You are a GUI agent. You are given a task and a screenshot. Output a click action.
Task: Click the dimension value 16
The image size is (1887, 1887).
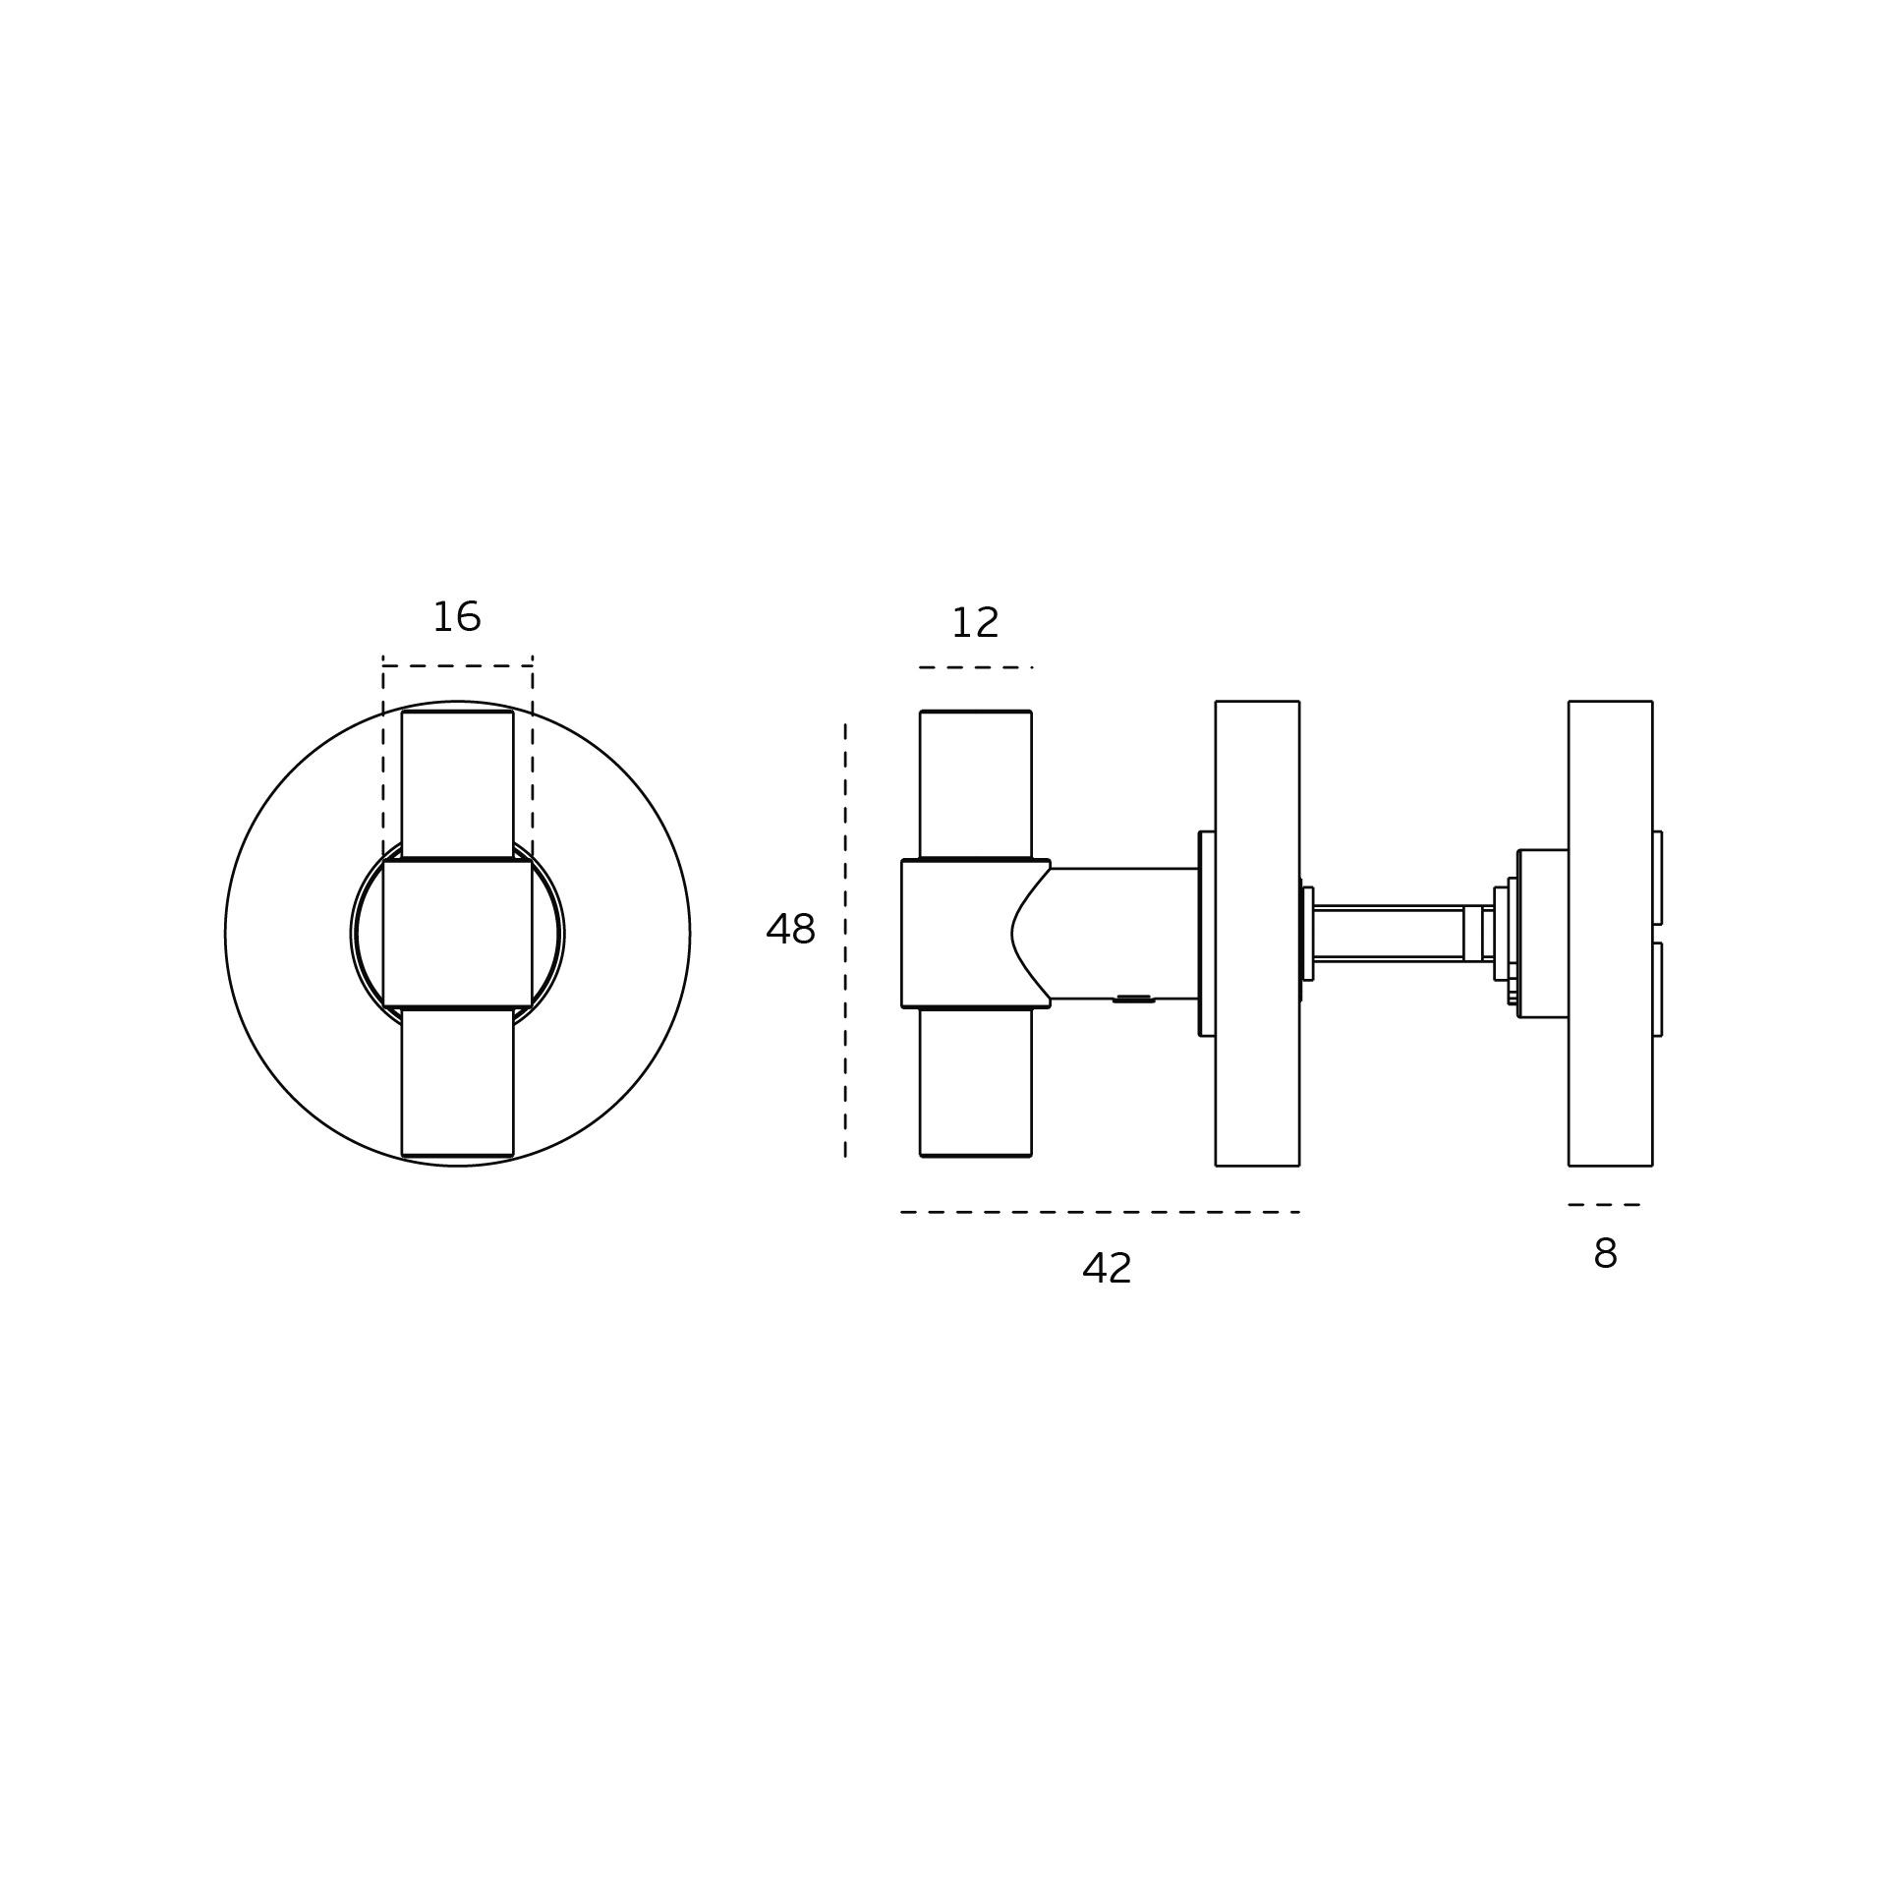(457, 617)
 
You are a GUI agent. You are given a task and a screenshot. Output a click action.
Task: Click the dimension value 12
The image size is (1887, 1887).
(975, 623)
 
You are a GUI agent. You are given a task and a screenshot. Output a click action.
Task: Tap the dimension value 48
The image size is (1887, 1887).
(790, 929)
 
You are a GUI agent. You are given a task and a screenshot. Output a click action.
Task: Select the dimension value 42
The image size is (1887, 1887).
(1107, 1268)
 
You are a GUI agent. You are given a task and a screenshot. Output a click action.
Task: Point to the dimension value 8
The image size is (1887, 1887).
(1605, 1254)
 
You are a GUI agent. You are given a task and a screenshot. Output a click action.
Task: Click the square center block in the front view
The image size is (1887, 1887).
(458, 934)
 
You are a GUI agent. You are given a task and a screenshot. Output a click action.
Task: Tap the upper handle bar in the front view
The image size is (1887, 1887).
(458, 784)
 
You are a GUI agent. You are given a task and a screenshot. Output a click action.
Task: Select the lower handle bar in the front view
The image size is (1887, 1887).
(458, 1082)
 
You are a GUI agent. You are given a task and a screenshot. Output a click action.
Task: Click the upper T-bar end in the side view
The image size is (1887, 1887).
(976, 784)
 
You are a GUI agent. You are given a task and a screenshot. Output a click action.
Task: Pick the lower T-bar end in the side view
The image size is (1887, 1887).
(976, 1082)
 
